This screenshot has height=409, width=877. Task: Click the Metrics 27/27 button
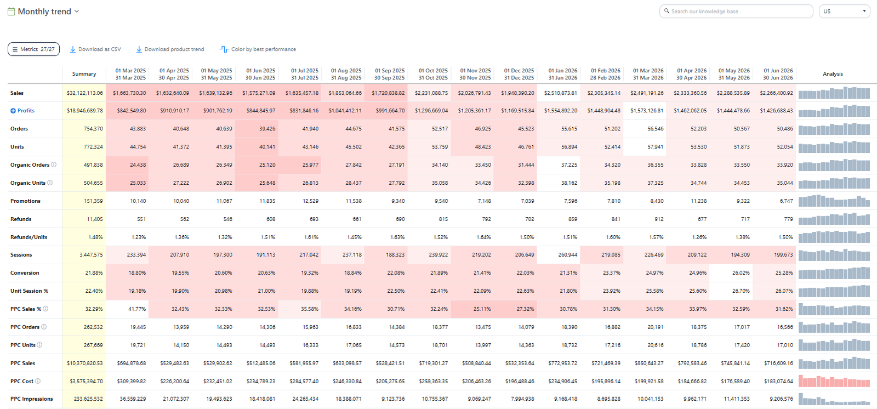click(x=33, y=49)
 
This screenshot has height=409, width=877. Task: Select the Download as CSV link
click(x=95, y=49)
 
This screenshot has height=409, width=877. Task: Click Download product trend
click(x=170, y=49)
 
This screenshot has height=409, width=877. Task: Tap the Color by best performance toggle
click(x=258, y=49)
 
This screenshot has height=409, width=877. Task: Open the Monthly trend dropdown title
click(x=44, y=12)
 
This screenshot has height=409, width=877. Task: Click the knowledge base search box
click(x=736, y=12)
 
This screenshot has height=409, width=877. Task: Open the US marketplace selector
click(x=844, y=12)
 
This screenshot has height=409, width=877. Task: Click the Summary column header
click(x=84, y=74)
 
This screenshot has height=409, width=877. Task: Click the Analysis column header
click(x=833, y=74)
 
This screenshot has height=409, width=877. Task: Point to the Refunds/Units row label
click(x=29, y=237)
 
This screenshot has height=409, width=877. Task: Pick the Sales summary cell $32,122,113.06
click(x=84, y=93)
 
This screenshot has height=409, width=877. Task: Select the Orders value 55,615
click(x=569, y=129)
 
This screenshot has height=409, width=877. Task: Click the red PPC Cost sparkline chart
click(x=834, y=381)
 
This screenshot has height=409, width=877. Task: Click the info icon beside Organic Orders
click(x=54, y=165)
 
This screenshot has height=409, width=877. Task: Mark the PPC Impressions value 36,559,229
click(x=133, y=399)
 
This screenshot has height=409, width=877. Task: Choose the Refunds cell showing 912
click(x=659, y=219)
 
